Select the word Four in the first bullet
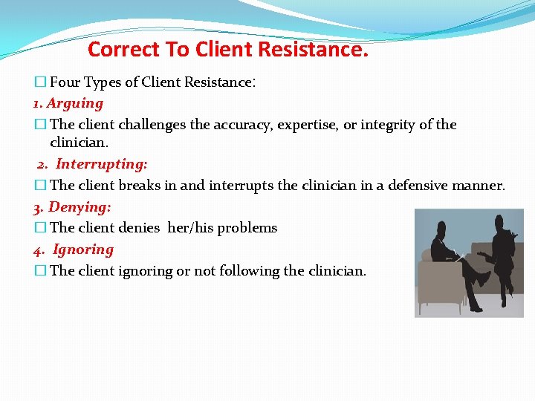click(65, 82)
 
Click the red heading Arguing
click(75, 103)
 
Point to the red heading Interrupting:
click(102, 164)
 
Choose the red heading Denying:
click(80, 206)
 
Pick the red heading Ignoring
click(83, 250)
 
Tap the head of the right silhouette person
click(500, 223)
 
